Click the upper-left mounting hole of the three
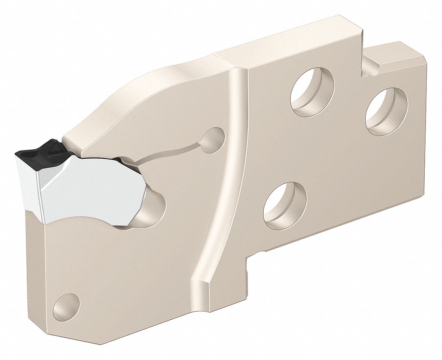312,92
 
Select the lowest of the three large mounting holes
285,206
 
